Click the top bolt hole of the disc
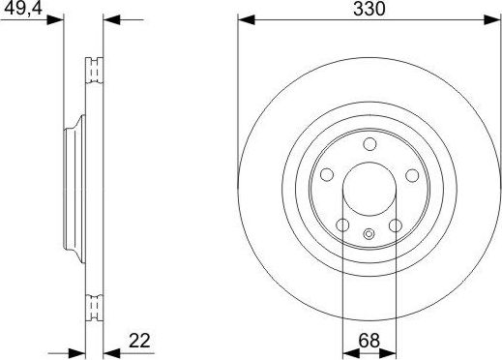369,144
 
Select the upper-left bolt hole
326,175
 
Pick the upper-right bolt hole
411,175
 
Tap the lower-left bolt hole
342,225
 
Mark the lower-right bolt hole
395,225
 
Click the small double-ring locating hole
369,232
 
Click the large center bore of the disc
369,189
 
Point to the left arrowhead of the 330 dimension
245,19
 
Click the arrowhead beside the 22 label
108,351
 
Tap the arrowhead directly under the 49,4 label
58,19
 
